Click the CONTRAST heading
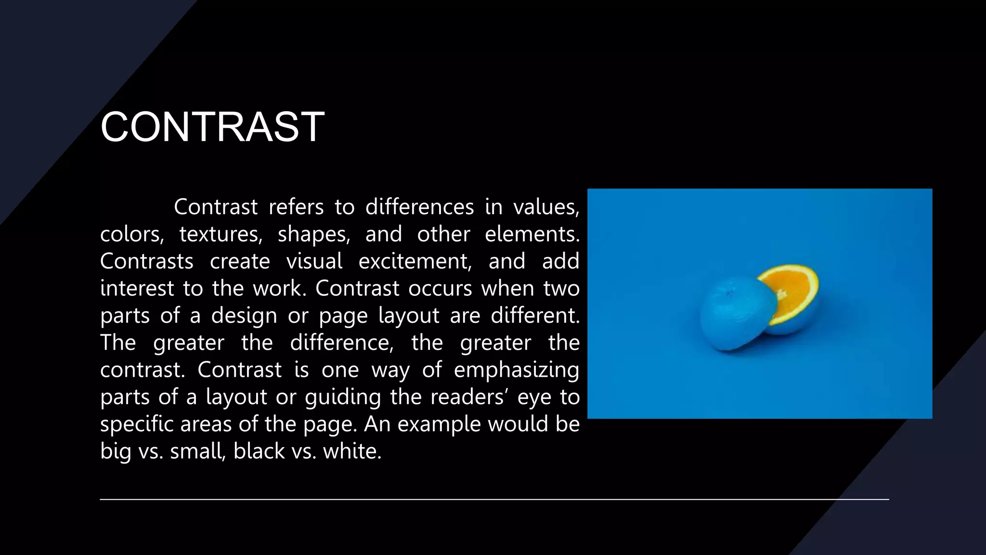[x=212, y=127]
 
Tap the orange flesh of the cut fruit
[x=790, y=291]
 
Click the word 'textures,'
[x=221, y=235]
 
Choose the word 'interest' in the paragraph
[x=137, y=289]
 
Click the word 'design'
[x=244, y=316]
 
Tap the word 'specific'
[x=137, y=424]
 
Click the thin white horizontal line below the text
[x=494, y=500]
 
